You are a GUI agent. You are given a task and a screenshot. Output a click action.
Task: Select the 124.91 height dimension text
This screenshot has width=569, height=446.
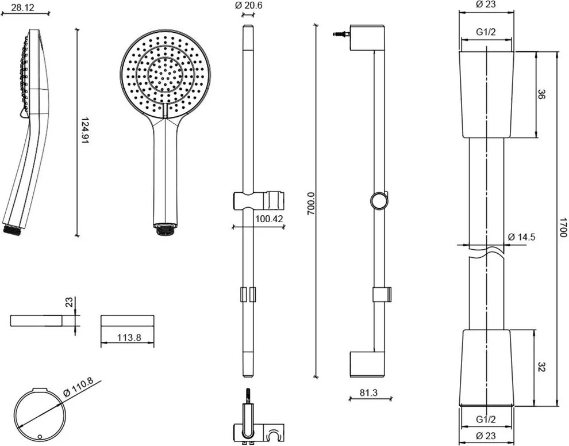[84, 131]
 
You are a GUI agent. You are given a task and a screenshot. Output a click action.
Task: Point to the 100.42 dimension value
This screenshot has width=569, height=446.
[270, 218]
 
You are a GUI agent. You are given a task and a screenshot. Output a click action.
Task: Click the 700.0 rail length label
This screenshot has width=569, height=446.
[311, 204]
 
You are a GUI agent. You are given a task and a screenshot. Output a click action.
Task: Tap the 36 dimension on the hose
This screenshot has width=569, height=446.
[541, 94]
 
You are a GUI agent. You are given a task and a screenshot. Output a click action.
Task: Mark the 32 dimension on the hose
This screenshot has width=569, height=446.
[541, 367]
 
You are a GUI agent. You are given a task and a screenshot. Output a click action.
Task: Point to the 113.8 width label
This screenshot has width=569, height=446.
[127, 338]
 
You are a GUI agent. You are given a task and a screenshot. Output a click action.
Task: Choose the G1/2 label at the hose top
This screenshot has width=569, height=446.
[487, 32]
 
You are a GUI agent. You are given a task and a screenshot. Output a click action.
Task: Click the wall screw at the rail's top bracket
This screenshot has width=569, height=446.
[341, 35]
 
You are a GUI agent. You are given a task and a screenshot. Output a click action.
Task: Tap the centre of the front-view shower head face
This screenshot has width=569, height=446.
[165, 73]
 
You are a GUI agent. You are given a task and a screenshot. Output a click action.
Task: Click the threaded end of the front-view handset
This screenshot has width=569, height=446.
[164, 230]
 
